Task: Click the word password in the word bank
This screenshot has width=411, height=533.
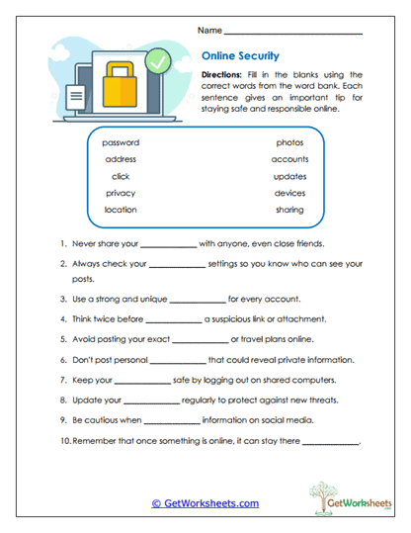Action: point(121,142)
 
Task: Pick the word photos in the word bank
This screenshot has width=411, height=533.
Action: point(290,142)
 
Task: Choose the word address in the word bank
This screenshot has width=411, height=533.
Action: point(121,159)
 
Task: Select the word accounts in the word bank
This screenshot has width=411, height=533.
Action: point(290,159)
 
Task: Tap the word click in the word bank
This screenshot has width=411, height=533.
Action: point(121,176)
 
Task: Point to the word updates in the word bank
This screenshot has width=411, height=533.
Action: point(290,176)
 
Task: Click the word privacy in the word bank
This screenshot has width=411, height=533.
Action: point(121,193)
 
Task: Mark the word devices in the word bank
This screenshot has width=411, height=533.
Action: point(290,193)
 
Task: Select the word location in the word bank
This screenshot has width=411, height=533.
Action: point(121,210)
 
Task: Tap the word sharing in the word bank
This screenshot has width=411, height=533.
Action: point(290,210)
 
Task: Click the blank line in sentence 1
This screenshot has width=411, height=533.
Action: point(168,246)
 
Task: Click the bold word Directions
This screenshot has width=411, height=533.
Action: point(222,75)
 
